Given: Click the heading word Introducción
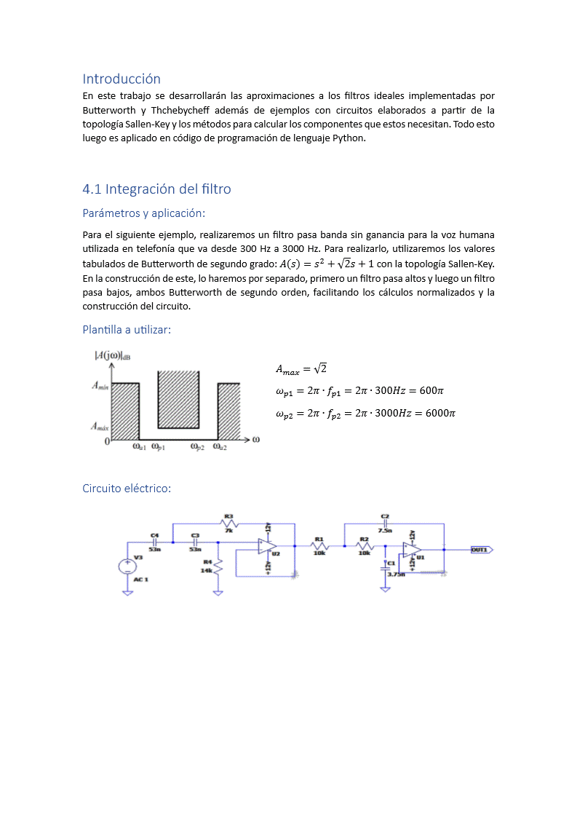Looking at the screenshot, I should pyautogui.click(x=122, y=79).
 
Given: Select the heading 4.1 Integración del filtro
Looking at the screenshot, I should pyautogui.click(x=156, y=189).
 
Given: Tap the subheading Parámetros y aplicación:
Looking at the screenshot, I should pyautogui.click(x=144, y=213).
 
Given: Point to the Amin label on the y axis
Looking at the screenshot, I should pyautogui.click(x=100, y=386).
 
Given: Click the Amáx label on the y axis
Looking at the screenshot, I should pyautogui.click(x=100, y=427).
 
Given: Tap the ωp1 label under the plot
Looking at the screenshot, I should pyautogui.click(x=158, y=448).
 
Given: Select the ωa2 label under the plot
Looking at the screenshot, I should pyautogui.click(x=220, y=448).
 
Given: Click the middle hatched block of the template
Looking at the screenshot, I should pyautogui.click(x=179, y=399).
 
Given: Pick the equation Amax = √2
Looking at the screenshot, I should pyautogui.click(x=301, y=368).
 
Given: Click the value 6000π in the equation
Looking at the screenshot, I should pyautogui.click(x=440, y=414).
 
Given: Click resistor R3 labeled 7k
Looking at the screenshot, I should pyautogui.click(x=228, y=524).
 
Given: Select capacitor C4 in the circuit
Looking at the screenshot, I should pyautogui.click(x=155, y=542).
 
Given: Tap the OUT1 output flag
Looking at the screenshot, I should pyautogui.click(x=481, y=550).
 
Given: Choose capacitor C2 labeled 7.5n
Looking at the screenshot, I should pyautogui.click(x=385, y=524).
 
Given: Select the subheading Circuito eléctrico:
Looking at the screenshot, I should pyautogui.click(x=127, y=488).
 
